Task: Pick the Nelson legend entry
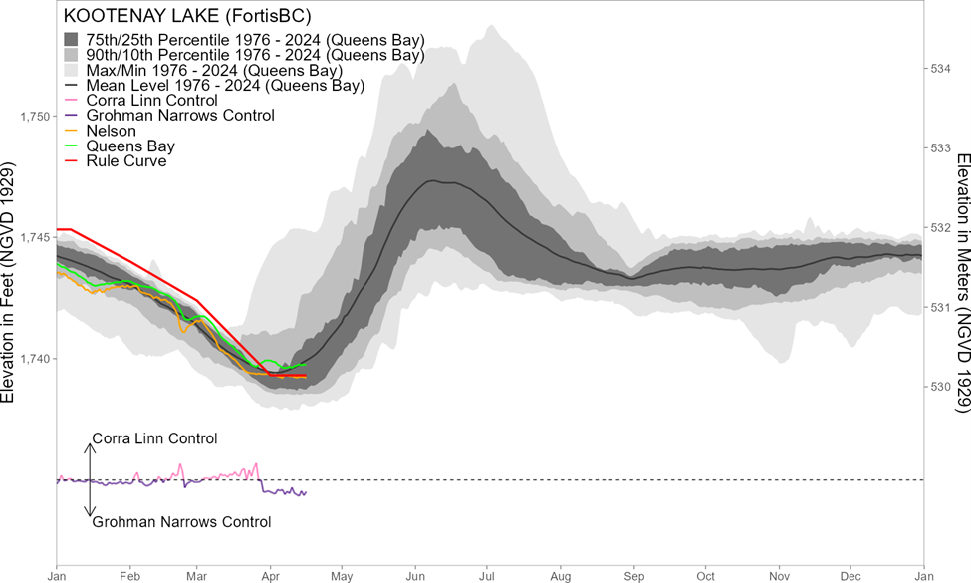click(x=112, y=131)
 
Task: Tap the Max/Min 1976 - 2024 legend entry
click(x=214, y=71)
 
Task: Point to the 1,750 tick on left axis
click(x=35, y=117)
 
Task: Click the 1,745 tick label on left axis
click(x=35, y=237)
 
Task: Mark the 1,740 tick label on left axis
click(x=35, y=358)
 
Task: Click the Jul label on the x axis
click(x=488, y=576)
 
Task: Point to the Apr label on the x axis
click(x=270, y=576)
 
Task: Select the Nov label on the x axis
click(x=779, y=576)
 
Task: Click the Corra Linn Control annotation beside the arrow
click(x=153, y=438)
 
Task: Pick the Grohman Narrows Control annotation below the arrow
click(x=181, y=522)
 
